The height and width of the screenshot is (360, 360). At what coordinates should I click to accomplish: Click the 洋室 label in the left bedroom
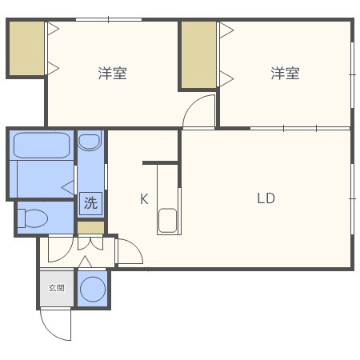coord(112,74)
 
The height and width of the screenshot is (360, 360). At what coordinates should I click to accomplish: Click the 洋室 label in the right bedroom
coord(285,74)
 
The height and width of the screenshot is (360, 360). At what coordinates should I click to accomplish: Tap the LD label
coord(266,198)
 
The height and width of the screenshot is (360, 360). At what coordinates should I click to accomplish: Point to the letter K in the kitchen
coord(144,199)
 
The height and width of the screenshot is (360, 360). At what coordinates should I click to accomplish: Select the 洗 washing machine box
coord(90,203)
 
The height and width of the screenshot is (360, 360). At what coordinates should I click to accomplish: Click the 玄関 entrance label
coord(57,288)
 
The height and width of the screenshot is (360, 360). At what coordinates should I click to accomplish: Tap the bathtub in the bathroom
coord(42,146)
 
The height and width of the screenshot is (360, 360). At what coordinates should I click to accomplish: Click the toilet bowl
coord(33,218)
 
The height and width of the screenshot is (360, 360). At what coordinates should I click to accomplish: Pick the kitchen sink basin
coord(167,221)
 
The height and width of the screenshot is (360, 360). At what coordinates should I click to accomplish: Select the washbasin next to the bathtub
coord(90,142)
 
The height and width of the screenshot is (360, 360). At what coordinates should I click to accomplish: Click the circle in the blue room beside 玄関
coord(93,290)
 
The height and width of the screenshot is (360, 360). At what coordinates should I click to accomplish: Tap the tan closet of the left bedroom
coord(26,48)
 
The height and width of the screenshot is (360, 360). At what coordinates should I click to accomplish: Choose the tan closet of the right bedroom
coord(198,54)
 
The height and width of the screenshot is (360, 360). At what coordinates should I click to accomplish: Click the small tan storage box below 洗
coord(90,227)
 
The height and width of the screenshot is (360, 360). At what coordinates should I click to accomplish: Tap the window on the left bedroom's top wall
coord(109,19)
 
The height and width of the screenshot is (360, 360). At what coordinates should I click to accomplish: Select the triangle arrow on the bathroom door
coord(68,187)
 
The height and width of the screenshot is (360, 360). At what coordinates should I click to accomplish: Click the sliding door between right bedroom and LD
coord(300,128)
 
